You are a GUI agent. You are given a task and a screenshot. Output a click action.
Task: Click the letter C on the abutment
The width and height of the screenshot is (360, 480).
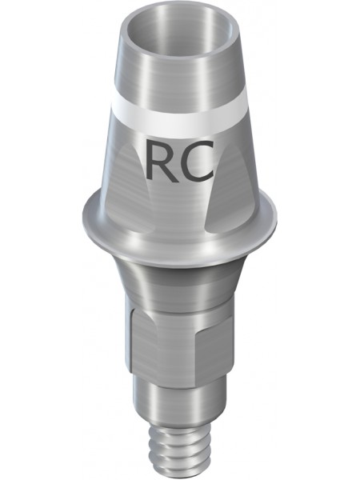(x=196, y=161)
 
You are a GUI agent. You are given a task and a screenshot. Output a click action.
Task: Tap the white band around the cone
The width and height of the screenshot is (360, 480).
(x=180, y=120)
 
